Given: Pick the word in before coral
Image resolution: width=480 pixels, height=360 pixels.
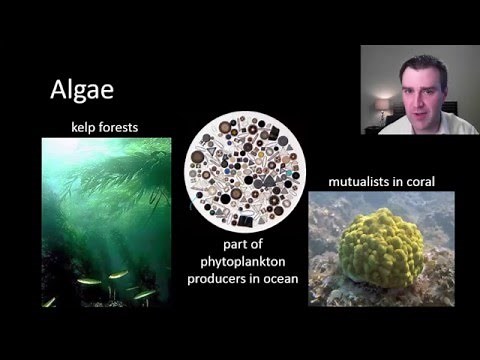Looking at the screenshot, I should coord(399,182).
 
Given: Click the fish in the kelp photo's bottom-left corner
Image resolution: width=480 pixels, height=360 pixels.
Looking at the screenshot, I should coord(49,300).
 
